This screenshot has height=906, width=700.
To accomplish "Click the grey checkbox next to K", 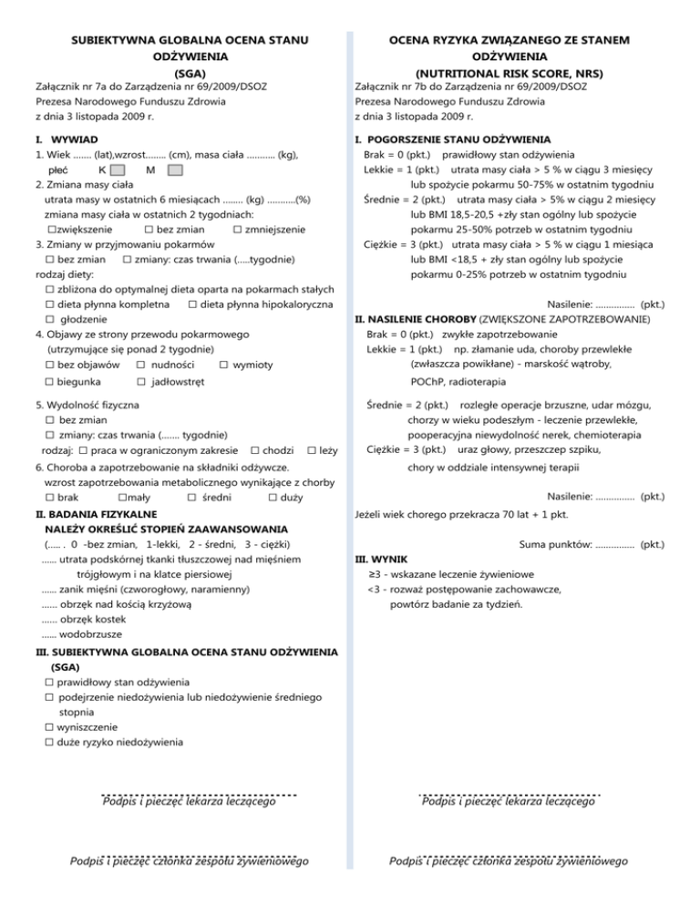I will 117,170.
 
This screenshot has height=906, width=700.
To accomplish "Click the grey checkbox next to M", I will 175,170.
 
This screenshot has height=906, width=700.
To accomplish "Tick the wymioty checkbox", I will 224,365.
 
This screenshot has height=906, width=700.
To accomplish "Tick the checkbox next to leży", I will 313,450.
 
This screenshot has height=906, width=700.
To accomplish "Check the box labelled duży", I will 273,498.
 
